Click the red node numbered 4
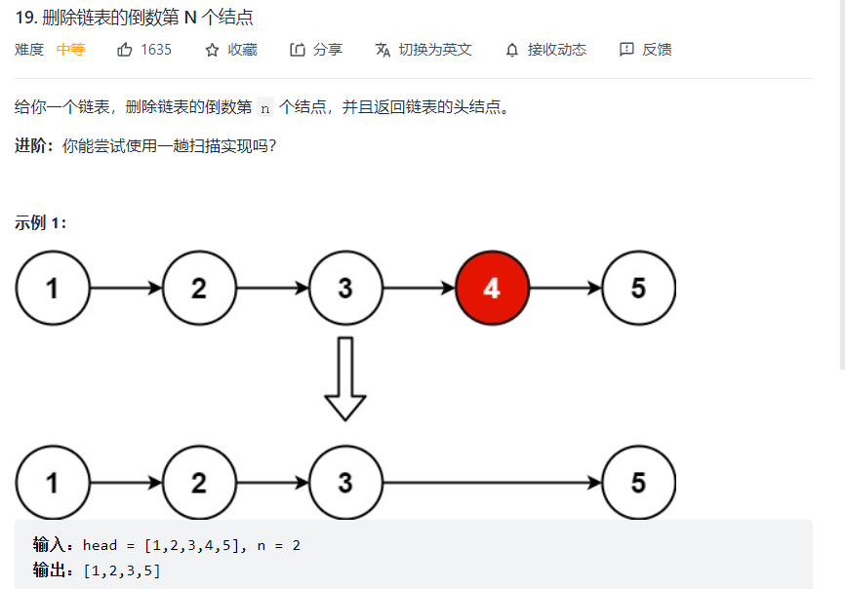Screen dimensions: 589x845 point(492,289)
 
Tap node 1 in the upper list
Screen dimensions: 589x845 point(53,289)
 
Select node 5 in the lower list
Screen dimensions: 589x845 point(638,483)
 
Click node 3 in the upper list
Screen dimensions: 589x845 point(345,289)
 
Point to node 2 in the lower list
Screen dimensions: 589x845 point(199,483)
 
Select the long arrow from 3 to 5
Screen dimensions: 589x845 point(493,483)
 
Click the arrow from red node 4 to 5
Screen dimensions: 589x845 point(566,289)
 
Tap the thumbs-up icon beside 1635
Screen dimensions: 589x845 point(125,50)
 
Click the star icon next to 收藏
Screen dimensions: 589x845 point(212,50)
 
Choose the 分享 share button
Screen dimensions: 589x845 point(316,50)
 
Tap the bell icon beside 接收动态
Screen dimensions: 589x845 point(512,50)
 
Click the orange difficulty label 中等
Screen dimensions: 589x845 point(70,50)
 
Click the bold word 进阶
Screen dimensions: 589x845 point(32,146)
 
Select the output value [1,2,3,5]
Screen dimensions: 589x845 point(122,570)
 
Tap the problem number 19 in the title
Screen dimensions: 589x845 point(26,18)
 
